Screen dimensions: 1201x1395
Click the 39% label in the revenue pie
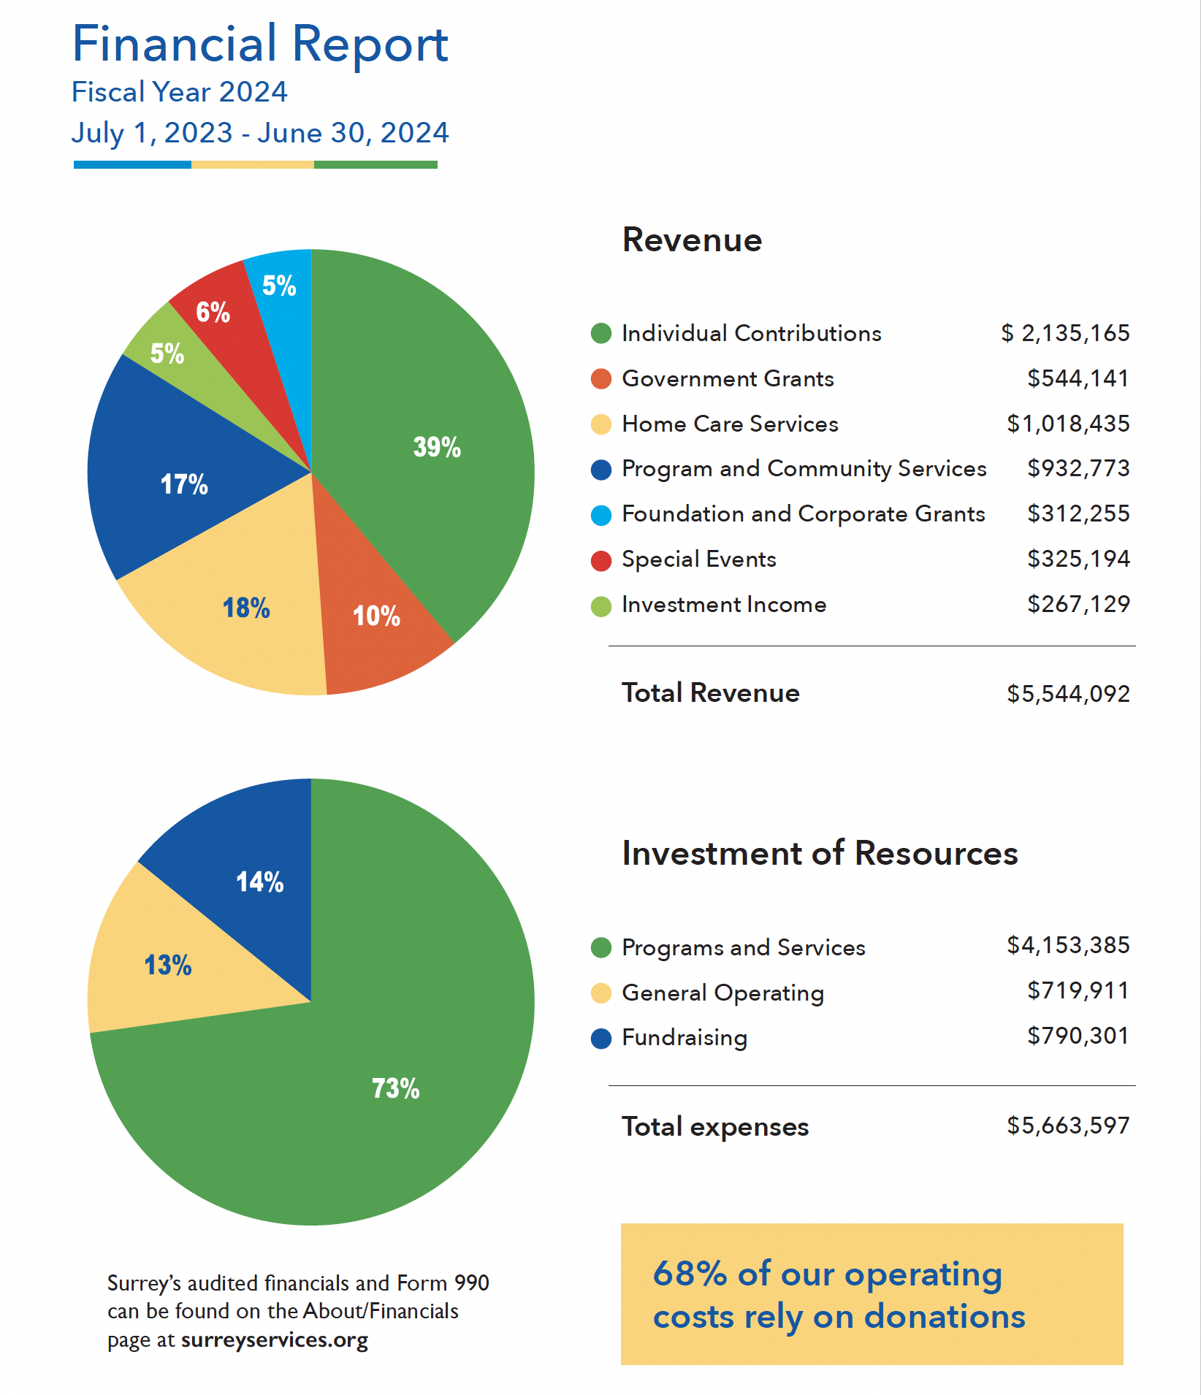pos(437,447)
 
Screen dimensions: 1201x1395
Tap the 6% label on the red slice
pos(213,313)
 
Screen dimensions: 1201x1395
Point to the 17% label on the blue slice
pos(184,484)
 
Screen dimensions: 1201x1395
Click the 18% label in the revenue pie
pos(246,608)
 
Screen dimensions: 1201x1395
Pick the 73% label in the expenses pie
pos(395,1088)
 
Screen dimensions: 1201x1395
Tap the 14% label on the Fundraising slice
pos(259,882)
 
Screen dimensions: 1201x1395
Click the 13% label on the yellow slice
pos(168,965)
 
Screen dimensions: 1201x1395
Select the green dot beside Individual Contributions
pos(600,334)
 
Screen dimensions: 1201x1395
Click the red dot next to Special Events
pos(600,560)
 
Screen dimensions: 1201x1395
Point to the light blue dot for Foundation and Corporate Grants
pos(600,515)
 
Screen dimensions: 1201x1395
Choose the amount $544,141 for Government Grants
pos(1078,378)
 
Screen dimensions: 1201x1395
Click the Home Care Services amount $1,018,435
pos(1068,424)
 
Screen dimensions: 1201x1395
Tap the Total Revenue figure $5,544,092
pos(1068,693)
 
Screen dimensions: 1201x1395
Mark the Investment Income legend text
pos(724,604)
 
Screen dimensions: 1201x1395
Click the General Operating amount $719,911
pos(1078,990)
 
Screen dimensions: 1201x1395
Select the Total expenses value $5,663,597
pos(1068,1125)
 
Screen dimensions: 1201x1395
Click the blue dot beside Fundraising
pos(600,1039)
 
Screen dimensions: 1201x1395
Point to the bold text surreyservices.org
pos(275,1340)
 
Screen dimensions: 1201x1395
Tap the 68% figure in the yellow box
pos(690,1273)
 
